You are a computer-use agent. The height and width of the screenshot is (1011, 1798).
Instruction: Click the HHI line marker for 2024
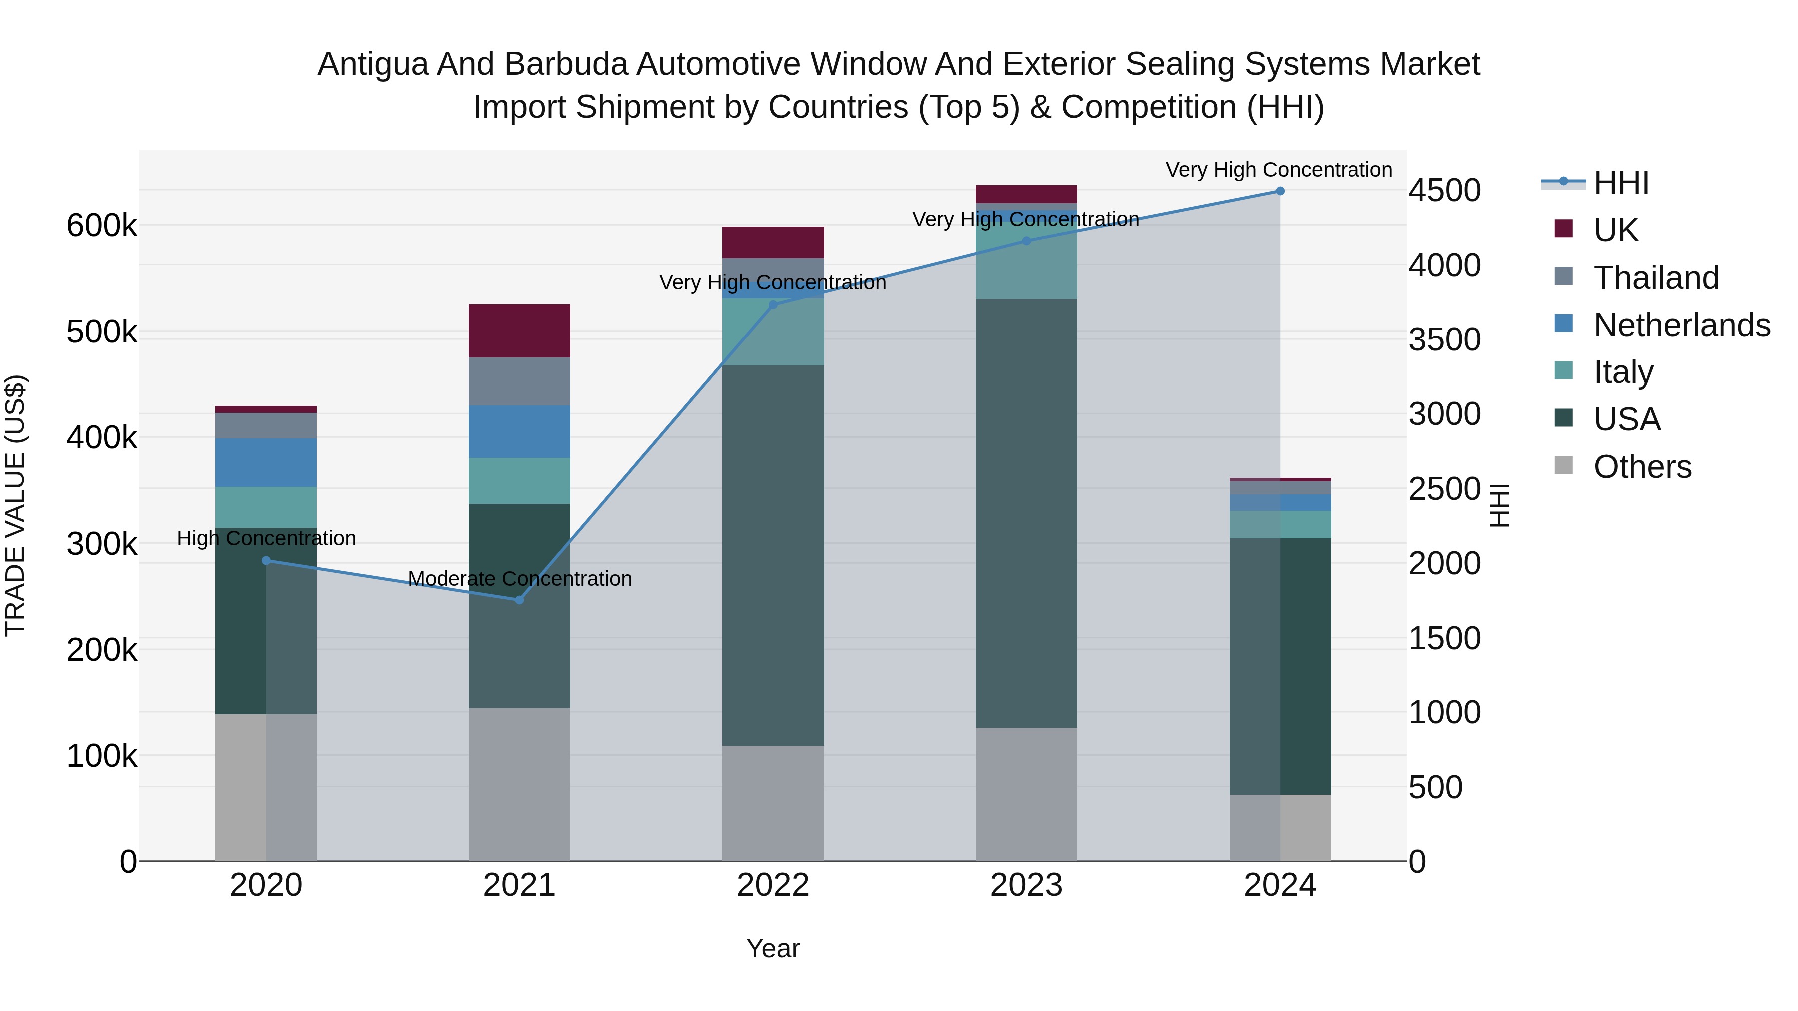point(1280,191)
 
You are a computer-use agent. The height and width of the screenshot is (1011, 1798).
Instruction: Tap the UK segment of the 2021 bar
point(519,331)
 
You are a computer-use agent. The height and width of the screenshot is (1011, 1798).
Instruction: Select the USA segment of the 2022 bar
point(773,555)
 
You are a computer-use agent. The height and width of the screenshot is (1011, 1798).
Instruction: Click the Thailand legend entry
point(1656,277)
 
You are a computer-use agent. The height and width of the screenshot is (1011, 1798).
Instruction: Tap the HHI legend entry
point(1621,183)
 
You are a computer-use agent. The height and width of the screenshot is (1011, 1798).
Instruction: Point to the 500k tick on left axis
point(102,332)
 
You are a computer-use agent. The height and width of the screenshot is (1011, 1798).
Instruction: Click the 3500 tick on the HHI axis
point(1444,340)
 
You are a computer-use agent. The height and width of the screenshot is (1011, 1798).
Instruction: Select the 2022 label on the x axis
point(773,885)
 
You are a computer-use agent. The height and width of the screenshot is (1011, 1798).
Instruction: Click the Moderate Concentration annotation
point(519,579)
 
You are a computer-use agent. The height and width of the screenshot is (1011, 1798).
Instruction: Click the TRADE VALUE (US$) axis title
point(15,505)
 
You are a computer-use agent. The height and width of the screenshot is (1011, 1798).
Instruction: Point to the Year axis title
point(773,948)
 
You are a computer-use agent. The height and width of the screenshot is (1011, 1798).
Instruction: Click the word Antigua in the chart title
point(372,64)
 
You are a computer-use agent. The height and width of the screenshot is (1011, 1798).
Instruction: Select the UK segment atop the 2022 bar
point(773,242)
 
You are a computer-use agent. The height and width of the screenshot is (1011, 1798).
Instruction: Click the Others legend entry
point(1642,466)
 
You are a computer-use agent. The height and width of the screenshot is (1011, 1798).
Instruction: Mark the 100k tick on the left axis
point(102,756)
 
